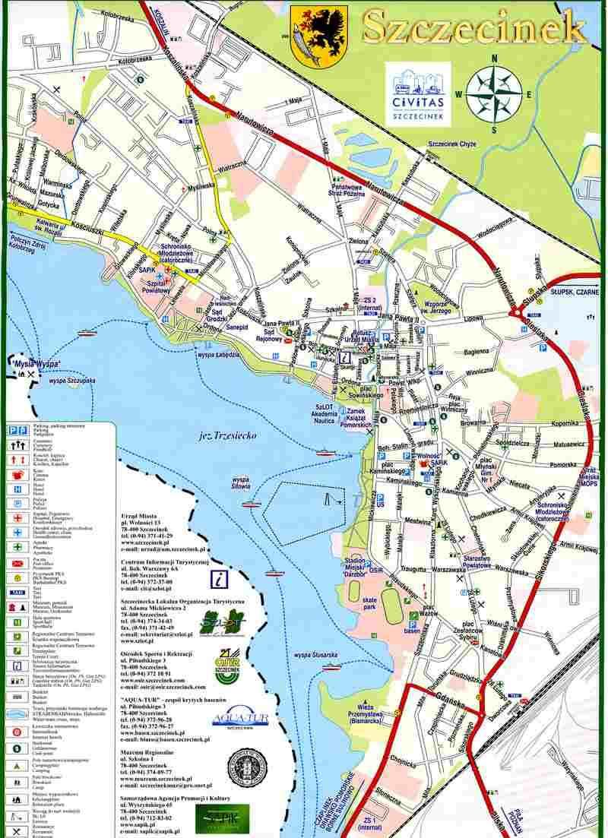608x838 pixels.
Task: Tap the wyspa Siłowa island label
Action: [x=242, y=484]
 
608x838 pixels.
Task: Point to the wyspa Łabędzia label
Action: [x=218, y=355]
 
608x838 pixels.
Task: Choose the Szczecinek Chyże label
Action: [x=453, y=144]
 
